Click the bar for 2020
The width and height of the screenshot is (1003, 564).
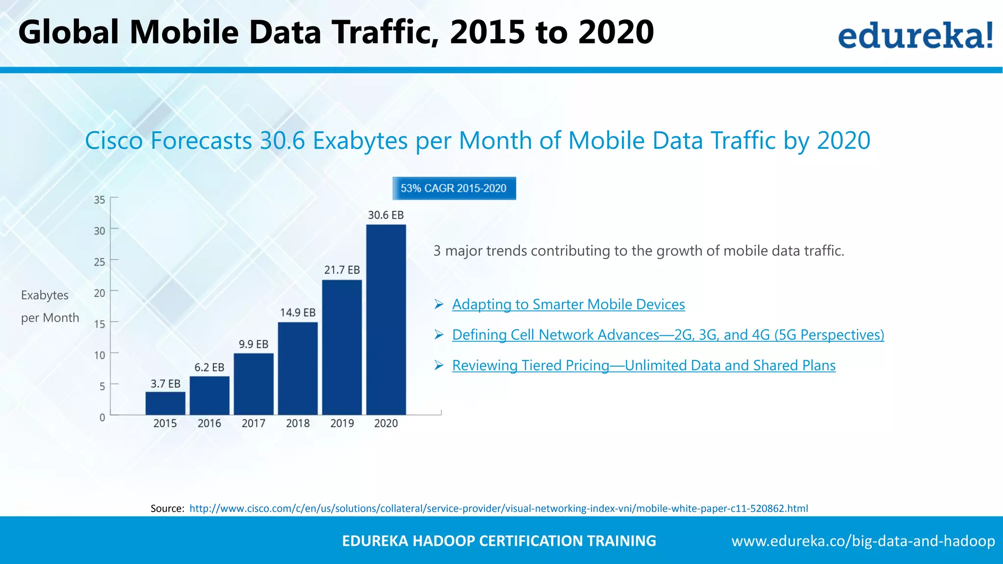[x=386, y=319]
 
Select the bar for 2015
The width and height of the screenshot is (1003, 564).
[x=165, y=403]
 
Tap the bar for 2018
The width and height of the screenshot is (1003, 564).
[x=298, y=368]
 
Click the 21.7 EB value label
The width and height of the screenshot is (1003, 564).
[x=342, y=270]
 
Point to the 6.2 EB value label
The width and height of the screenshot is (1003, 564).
[x=209, y=367]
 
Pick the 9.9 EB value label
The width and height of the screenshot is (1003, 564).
[x=253, y=344]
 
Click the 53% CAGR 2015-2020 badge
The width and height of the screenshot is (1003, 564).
[x=454, y=188]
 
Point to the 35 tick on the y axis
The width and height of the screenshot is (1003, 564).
[x=99, y=200]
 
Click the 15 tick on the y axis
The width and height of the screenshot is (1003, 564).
[x=99, y=324]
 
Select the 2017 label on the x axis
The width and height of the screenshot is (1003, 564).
[x=253, y=423]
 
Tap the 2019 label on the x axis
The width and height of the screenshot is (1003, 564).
[x=342, y=423]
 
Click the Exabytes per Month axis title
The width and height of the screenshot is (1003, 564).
[x=49, y=306]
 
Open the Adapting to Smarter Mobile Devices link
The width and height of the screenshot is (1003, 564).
[x=568, y=305]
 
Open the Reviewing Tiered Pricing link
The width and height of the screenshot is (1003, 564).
[x=644, y=366]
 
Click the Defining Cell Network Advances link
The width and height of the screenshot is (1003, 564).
[x=668, y=335]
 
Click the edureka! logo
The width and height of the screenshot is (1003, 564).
[x=915, y=35]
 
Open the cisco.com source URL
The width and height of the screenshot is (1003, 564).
[x=498, y=509]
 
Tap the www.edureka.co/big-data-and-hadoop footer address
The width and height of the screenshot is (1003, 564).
[x=863, y=541]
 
